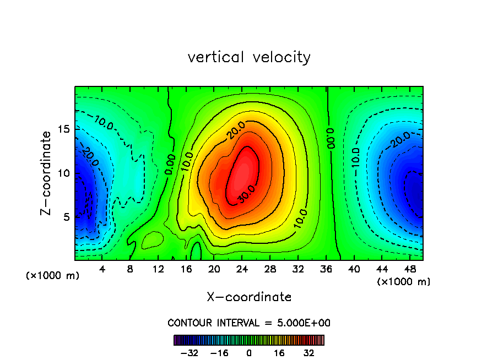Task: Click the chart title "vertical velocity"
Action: [249, 57]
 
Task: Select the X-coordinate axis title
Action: [249, 297]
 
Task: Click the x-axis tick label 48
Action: [410, 269]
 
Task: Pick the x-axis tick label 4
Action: [102, 269]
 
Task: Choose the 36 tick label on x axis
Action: [327, 269]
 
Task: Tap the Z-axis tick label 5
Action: [67, 217]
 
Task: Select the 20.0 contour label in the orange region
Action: [235, 130]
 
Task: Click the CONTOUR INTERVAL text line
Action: [249, 323]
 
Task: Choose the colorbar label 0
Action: [249, 353]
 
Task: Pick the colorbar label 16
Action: [279, 353]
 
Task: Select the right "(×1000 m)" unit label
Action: [404, 282]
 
